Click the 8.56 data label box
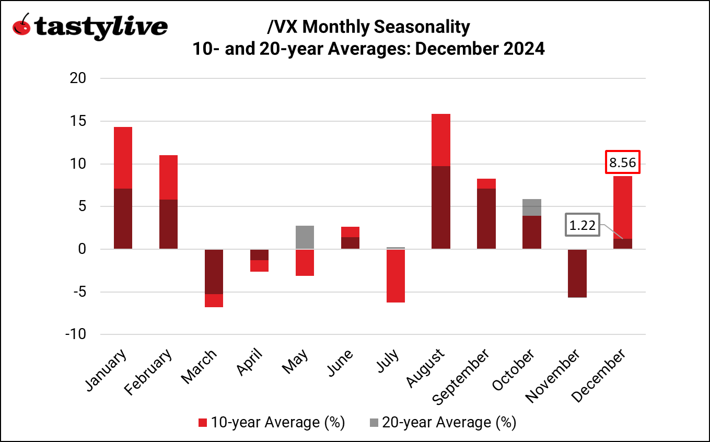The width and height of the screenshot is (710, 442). point(623,162)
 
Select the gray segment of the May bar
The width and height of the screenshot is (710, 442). point(305,237)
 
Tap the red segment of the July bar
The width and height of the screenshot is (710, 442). point(395,276)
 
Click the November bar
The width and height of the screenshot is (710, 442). point(577,273)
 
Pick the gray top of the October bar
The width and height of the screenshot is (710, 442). point(532,207)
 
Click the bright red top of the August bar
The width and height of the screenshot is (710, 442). point(441,140)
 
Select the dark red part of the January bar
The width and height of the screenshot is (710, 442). point(123,219)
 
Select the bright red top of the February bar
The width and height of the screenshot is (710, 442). point(168,177)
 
